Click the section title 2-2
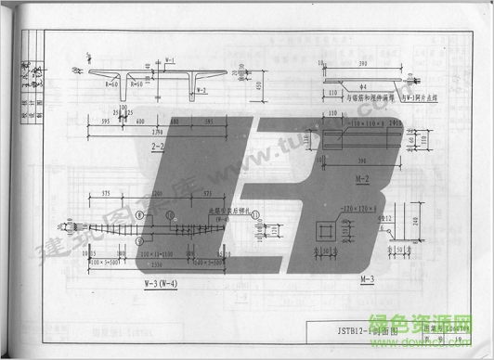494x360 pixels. click(158, 146)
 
